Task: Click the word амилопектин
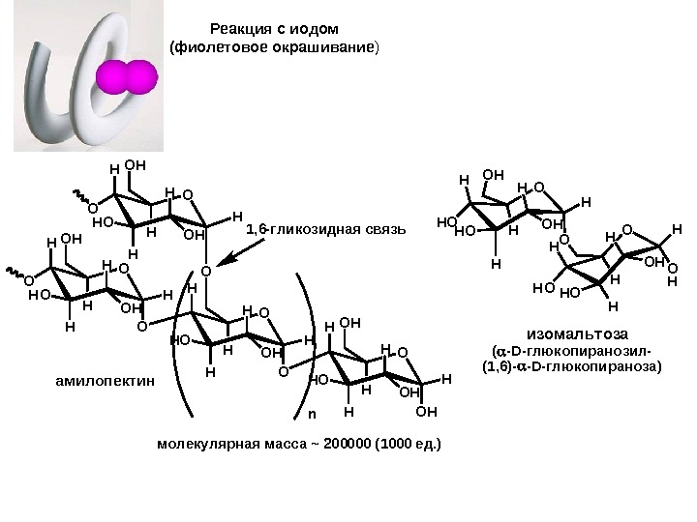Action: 105,382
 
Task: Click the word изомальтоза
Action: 570,333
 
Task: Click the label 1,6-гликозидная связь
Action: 321,229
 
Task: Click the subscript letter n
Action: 312,414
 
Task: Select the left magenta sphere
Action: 113,78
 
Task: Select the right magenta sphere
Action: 140,78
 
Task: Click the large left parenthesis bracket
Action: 176,348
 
